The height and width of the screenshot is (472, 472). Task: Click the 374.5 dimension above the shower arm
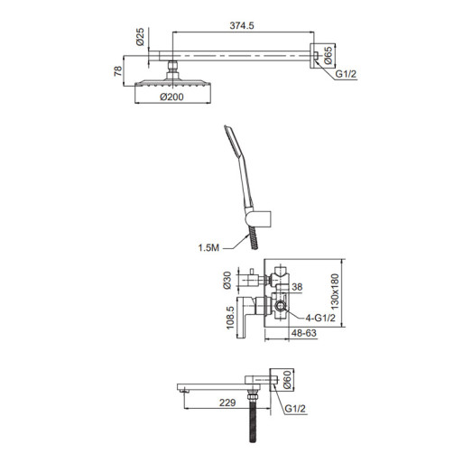click(x=238, y=27)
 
